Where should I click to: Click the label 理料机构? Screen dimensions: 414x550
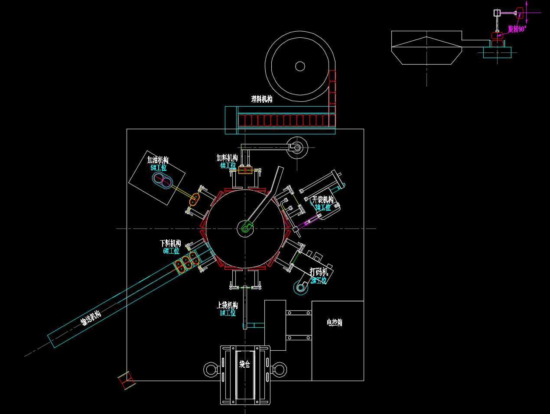(262, 99)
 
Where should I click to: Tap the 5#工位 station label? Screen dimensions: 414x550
(159, 168)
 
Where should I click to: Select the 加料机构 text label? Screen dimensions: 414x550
(227, 158)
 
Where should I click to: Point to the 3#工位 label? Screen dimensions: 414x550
(323, 208)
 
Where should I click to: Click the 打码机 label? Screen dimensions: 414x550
(319, 272)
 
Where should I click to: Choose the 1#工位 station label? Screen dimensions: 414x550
(228, 313)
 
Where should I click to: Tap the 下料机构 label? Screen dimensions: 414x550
(170, 243)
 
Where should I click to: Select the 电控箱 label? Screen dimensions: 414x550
(335, 323)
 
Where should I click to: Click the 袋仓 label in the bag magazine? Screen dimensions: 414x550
(245, 364)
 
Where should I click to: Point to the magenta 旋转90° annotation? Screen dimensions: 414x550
(517, 29)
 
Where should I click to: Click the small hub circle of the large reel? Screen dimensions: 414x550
(300, 66)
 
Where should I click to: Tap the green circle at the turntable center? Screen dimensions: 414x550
(245, 228)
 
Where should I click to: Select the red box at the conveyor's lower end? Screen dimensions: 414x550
(127, 380)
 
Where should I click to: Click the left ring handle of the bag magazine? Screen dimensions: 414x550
(211, 370)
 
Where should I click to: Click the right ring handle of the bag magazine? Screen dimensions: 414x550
(280, 370)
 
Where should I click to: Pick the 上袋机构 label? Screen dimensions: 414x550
(227, 305)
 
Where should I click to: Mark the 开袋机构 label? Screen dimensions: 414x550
(323, 200)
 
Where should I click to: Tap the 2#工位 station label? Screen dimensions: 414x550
(319, 280)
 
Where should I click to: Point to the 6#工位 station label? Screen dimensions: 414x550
(171, 251)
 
